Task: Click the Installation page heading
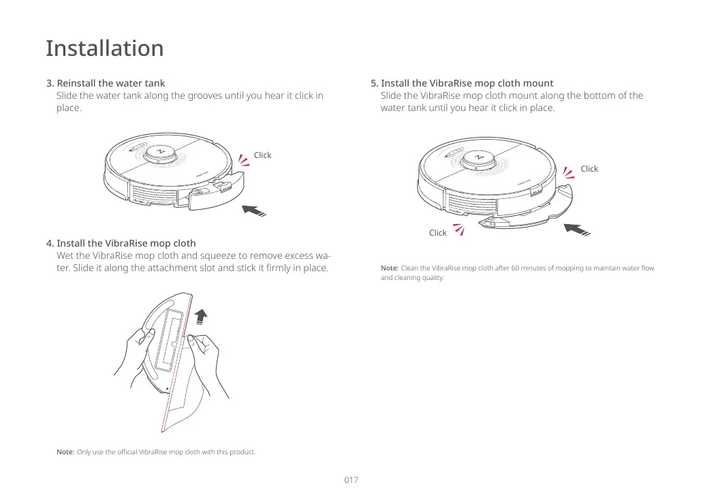[105, 48]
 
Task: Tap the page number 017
[351, 480]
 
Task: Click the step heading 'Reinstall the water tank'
[110, 83]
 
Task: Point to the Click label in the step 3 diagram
[262, 155]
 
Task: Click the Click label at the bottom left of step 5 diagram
[437, 233]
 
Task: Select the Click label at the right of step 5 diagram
[589, 169]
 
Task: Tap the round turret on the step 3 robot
[161, 153]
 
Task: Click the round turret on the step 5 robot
[476, 159]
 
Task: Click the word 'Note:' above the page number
[65, 452]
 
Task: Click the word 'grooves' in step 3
[187, 95]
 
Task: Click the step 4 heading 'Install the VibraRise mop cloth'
[126, 243]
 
